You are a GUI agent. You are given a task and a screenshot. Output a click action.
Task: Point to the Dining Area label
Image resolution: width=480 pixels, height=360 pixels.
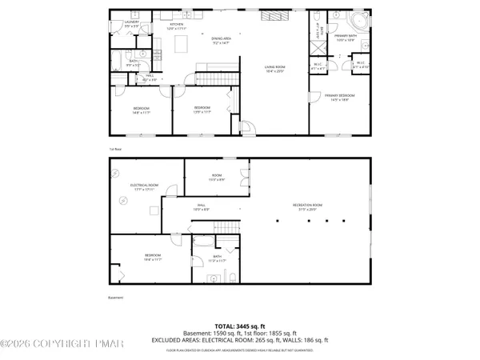(222, 40)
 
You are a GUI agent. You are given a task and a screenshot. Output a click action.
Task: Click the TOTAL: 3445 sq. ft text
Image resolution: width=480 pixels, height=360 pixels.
(240, 326)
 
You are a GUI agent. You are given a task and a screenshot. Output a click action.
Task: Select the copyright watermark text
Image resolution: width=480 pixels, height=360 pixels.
(62, 344)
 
